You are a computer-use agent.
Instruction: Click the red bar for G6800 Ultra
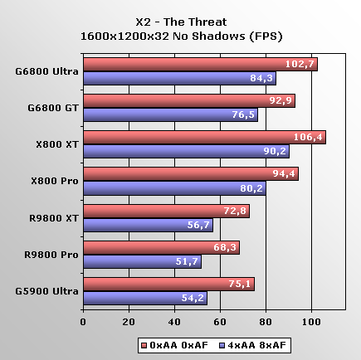pos(201,65)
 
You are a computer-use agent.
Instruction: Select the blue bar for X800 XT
pos(187,152)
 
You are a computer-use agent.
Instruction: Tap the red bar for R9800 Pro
pos(162,248)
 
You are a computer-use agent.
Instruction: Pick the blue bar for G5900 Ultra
pos(145,299)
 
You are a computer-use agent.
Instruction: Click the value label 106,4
pos(308,137)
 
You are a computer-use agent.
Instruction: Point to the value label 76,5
pos(243,114)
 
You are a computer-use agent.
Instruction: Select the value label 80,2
pos(251,188)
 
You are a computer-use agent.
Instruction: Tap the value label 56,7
pos(198,225)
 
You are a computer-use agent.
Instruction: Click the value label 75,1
pos(240,284)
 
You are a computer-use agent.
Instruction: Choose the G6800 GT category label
pos(53,108)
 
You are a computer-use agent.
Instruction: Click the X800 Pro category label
pos(55,181)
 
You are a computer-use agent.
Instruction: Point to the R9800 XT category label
pos(54,218)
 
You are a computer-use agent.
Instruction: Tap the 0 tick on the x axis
pos(83,322)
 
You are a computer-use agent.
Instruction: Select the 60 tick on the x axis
pos(220,322)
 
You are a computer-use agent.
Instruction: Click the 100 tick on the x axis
pos(311,322)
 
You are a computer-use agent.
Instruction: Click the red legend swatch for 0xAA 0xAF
pos(144,345)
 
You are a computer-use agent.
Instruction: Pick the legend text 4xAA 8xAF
pos(256,345)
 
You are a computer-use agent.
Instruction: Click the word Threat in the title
pos(208,22)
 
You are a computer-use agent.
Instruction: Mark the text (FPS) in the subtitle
pos(266,36)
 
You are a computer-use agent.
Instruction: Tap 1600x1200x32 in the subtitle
pos(124,36)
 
